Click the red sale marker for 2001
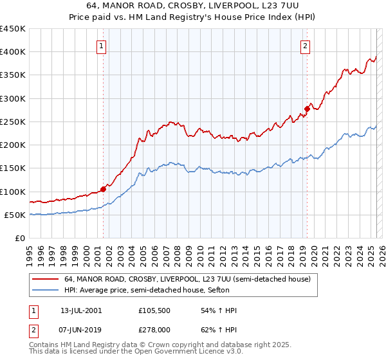(103, 189)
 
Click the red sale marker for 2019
(307, 109)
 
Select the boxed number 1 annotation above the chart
(102, 45)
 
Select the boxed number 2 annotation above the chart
(305, 45)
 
